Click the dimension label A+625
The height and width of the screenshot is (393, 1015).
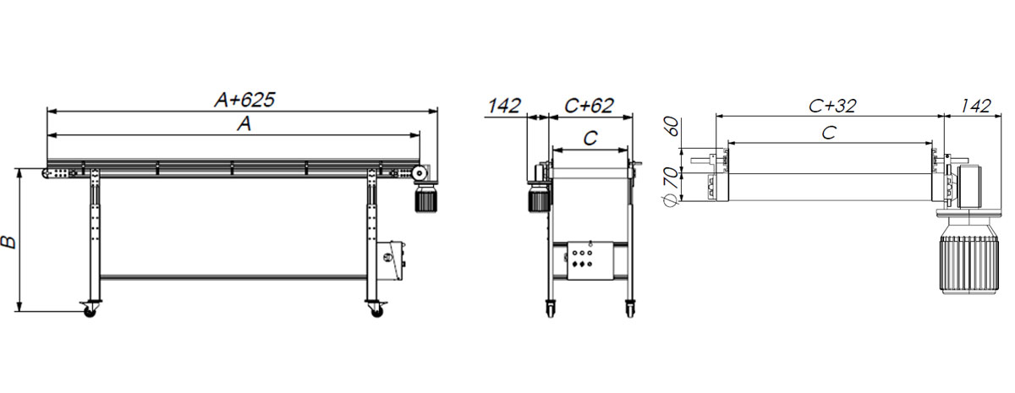click(x=244, y=100)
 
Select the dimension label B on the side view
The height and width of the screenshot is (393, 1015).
click(x=8, y=242)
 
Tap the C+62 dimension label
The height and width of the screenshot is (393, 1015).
click(x=589, y=106)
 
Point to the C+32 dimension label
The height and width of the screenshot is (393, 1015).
click(x=832, y=106)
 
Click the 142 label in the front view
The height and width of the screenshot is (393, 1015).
click(x=504, y=106)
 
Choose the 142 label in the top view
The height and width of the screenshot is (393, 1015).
click(x=975, y=106)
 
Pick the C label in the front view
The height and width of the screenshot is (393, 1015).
click(x=590, y=138)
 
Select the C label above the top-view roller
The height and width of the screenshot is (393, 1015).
click(x=828, y=133)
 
